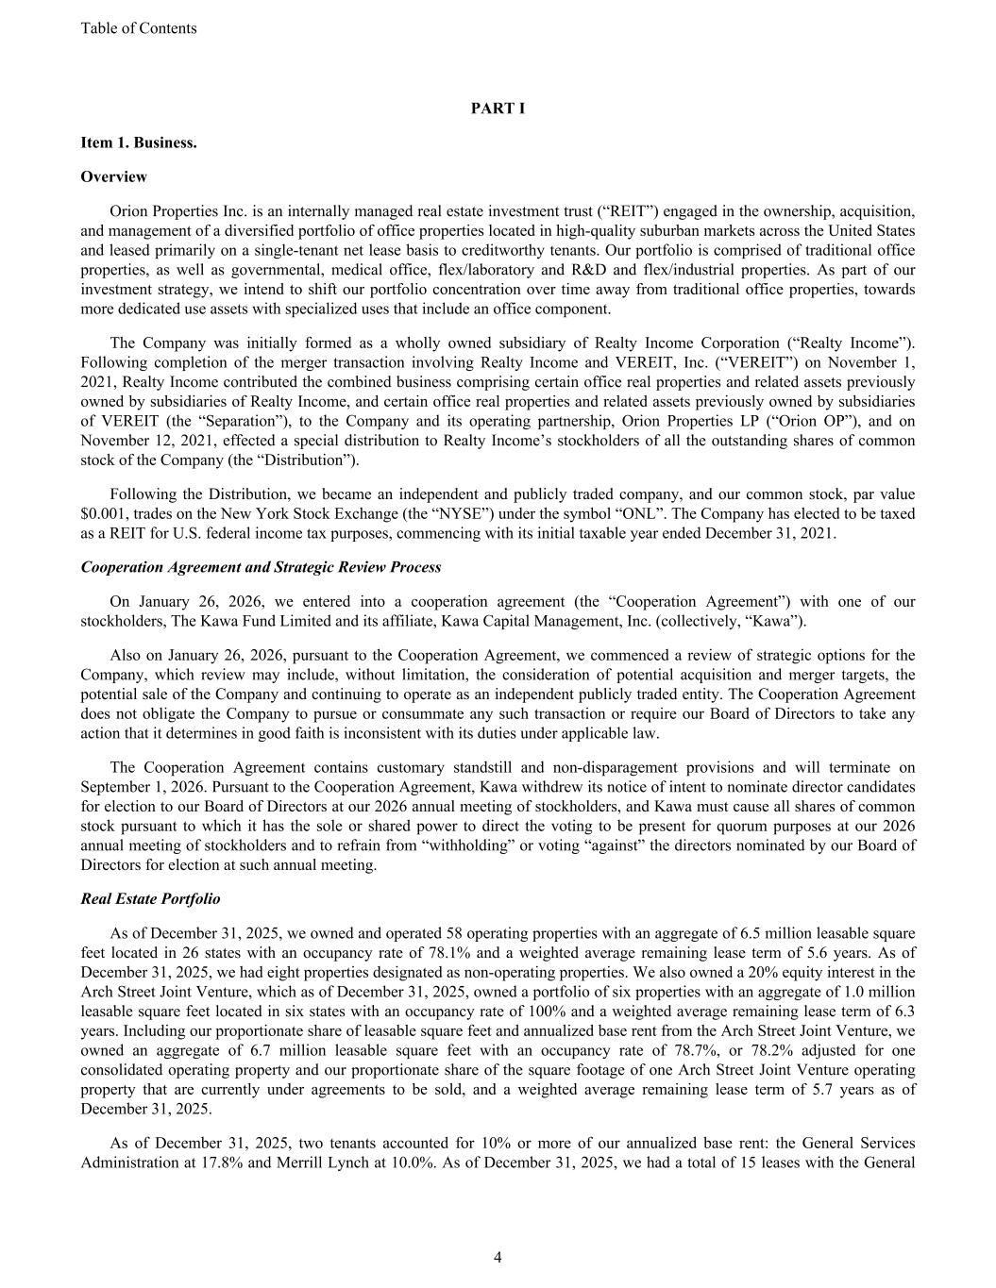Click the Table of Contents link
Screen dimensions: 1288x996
coord(139,28)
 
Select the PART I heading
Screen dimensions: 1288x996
coord(498,109)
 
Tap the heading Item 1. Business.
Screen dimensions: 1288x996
coord(139,142)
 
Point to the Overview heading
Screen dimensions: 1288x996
coord(113,176)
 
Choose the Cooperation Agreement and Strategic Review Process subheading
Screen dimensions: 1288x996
coord(261,567)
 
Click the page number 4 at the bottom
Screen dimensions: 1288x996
coord(498,1257)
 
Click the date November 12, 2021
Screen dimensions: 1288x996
coord(142,441)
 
